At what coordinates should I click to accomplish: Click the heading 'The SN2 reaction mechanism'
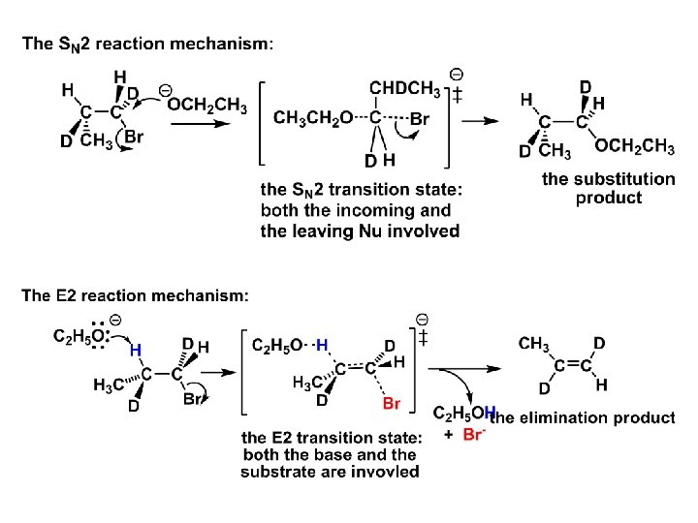147,45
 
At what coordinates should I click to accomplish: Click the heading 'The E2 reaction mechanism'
135,294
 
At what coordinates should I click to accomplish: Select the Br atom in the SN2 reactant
134,138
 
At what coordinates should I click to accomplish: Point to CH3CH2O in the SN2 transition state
311,118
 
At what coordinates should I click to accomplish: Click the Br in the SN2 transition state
418,118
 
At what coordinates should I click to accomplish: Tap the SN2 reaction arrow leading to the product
479,120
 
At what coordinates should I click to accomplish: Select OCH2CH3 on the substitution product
635,146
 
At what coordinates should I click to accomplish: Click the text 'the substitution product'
608,188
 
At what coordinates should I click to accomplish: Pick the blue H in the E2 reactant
136,349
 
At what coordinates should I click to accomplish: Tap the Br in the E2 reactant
193,398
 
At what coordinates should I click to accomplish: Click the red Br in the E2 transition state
392,402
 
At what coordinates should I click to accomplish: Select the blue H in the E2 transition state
322,345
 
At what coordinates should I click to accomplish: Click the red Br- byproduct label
473,436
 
